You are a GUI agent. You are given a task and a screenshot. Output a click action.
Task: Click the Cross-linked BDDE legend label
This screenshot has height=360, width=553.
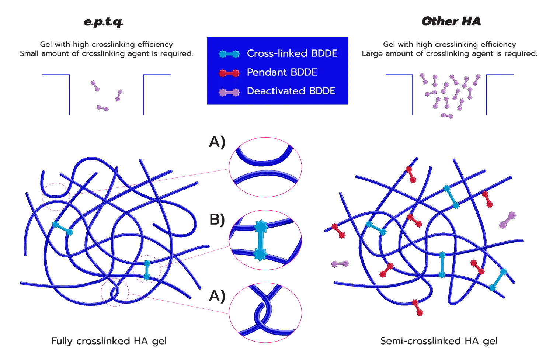(292, 53)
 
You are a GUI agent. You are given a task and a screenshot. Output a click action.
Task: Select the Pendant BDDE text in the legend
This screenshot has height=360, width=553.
(282, 72)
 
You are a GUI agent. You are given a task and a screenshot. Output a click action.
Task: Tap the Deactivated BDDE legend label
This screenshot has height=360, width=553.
(291, 91)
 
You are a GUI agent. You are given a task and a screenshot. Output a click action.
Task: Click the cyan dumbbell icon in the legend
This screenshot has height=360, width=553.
(229, 54)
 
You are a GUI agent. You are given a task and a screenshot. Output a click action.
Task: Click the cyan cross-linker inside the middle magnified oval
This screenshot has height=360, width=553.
(261, 240)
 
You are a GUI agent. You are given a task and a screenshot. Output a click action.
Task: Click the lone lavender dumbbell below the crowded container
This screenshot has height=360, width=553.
(447, 116)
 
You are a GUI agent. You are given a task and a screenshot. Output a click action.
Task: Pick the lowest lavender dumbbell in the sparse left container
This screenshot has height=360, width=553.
(102, 108)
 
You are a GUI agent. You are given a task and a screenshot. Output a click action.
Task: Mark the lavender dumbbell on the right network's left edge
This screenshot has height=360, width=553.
(340, 264)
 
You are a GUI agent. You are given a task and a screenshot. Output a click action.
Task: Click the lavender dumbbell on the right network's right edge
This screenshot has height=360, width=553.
(508, 220)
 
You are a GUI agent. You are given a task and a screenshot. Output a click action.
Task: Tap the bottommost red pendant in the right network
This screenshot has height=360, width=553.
(418, 308)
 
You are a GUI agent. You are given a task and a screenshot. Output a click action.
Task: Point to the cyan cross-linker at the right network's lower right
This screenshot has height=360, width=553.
(498, 280)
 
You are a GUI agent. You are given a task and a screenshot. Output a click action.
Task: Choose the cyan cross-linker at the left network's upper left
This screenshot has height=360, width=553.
(63, 228)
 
